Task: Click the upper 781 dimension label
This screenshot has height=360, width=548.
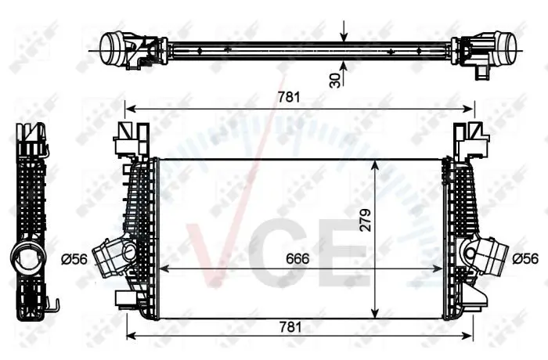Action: pos(289,97)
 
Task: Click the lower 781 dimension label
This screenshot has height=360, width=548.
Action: pos(290,327)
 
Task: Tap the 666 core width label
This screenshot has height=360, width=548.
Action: pos(297,258)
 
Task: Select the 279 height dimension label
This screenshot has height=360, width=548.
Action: pos(366,220)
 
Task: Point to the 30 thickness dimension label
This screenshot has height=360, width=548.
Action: pos(335,81)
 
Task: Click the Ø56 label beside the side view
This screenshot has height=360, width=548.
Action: pos(74,259)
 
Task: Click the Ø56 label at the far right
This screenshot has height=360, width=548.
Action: pos(525,258)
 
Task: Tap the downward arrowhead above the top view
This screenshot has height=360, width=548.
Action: pos(344,37)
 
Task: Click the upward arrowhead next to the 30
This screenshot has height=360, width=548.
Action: pos(344,66)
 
